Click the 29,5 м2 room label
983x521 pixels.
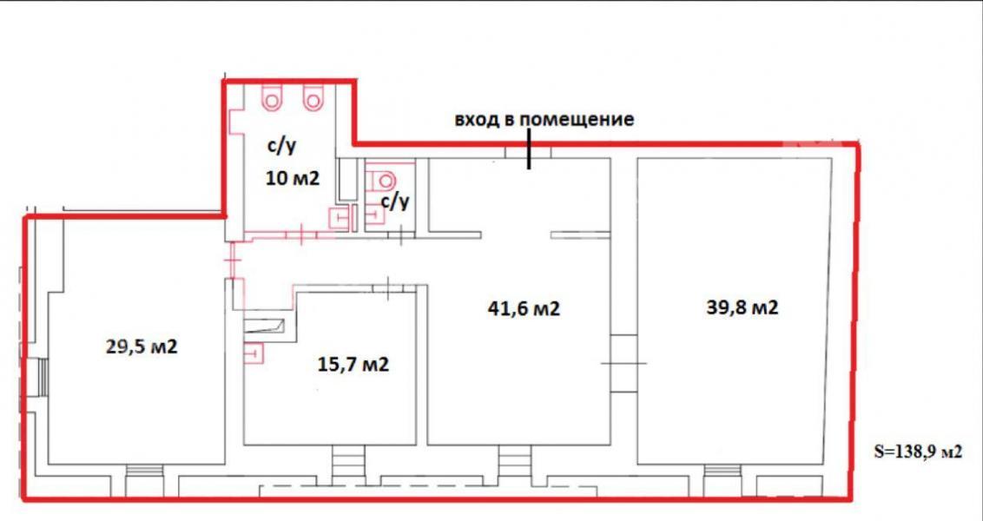click(x=142, y=346)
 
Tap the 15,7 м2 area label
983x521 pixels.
click(x=353, y=364)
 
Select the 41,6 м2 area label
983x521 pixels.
click(x=524, y=308)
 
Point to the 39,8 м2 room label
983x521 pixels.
click(x=742, y=308)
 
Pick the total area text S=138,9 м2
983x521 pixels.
click(x=918, y=452)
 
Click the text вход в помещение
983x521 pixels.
click(x=544, y=120)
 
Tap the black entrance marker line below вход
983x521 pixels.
click(x=530, y=148)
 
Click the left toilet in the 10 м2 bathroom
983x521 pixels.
click(x=273, y=99)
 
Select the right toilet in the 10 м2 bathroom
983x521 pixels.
click(x=313, y=99)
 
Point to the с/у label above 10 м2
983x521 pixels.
click(x=282, y=148)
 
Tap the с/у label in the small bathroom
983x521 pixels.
click(x=396, y=201)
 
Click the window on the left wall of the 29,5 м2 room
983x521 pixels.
click(x=43, y=378)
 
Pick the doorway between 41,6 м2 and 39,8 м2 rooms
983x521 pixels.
click(x=623, y=364)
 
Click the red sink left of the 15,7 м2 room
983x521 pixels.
click(x=254, y=353)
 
